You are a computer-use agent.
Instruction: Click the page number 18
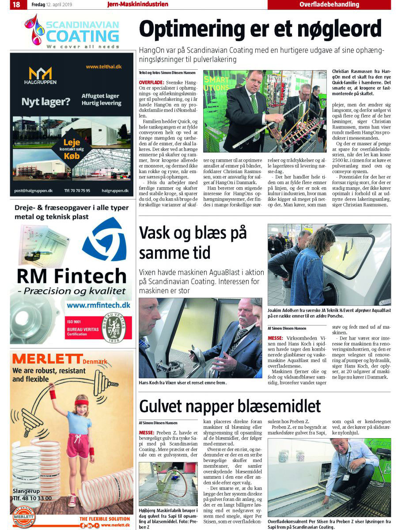coord(16,5)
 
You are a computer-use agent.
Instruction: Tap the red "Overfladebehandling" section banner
coord(329,5)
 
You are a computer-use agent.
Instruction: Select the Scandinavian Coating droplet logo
coord(34,30)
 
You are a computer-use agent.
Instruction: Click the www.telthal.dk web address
coord(103,67)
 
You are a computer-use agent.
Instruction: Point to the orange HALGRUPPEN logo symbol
coord(40,73)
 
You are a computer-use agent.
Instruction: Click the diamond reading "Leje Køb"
coord(72,149)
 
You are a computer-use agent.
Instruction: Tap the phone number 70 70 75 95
coord(77,191)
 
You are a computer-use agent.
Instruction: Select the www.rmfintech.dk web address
coord(98,305)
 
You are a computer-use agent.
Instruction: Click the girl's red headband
coord(81,402)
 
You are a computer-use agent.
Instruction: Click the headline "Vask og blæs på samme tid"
coord(193,242)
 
